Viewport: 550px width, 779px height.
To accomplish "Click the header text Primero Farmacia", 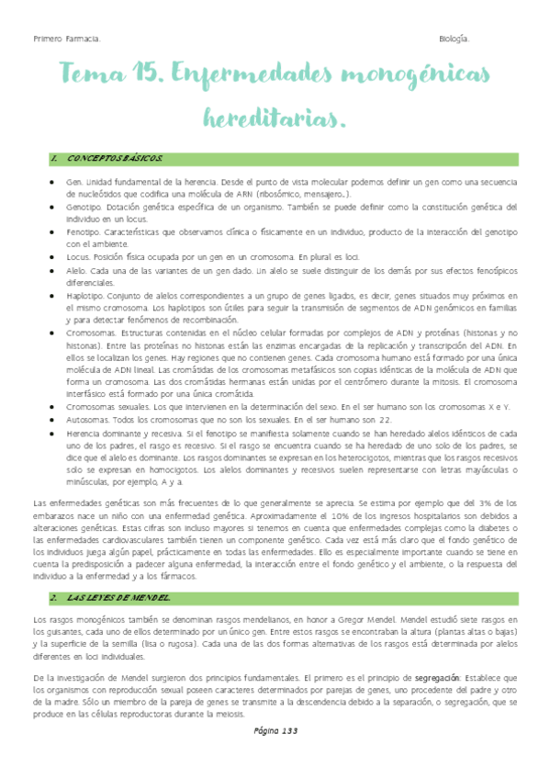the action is (x=67, y=38).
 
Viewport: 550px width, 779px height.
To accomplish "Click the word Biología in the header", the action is (x=455, y=38).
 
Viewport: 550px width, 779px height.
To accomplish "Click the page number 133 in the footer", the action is (x=275, y=755).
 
